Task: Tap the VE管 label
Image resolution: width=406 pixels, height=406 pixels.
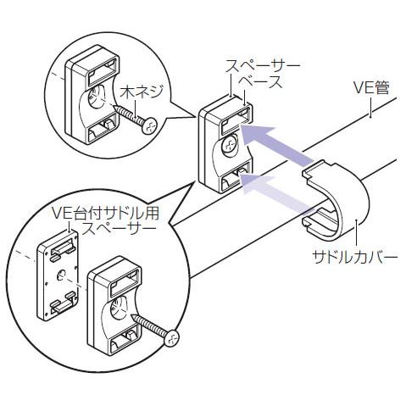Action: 371,87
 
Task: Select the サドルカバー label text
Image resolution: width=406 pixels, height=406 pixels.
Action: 355,258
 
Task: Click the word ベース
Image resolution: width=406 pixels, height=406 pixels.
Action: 260,82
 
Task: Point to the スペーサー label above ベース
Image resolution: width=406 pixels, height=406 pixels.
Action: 263,67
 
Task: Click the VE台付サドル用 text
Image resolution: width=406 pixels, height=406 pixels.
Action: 106,214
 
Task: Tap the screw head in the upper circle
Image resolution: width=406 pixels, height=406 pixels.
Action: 149,125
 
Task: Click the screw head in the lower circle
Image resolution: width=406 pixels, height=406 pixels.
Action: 171,338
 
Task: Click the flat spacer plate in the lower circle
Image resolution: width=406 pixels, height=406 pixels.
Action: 58,275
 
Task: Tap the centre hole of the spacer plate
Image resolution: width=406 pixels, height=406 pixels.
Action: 62,274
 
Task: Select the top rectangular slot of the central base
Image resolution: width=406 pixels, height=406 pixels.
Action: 236,120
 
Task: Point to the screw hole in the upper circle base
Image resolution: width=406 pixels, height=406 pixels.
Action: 95,97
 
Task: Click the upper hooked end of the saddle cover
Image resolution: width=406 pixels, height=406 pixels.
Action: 316,169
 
